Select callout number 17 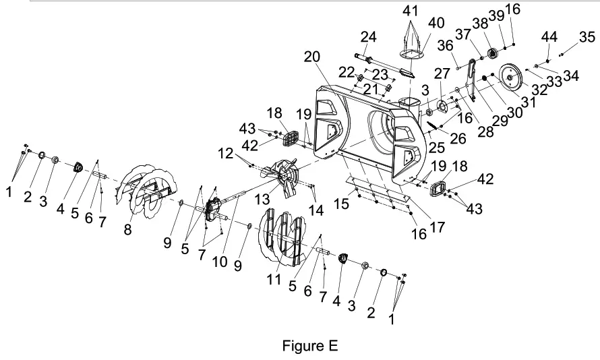(437, 227)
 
